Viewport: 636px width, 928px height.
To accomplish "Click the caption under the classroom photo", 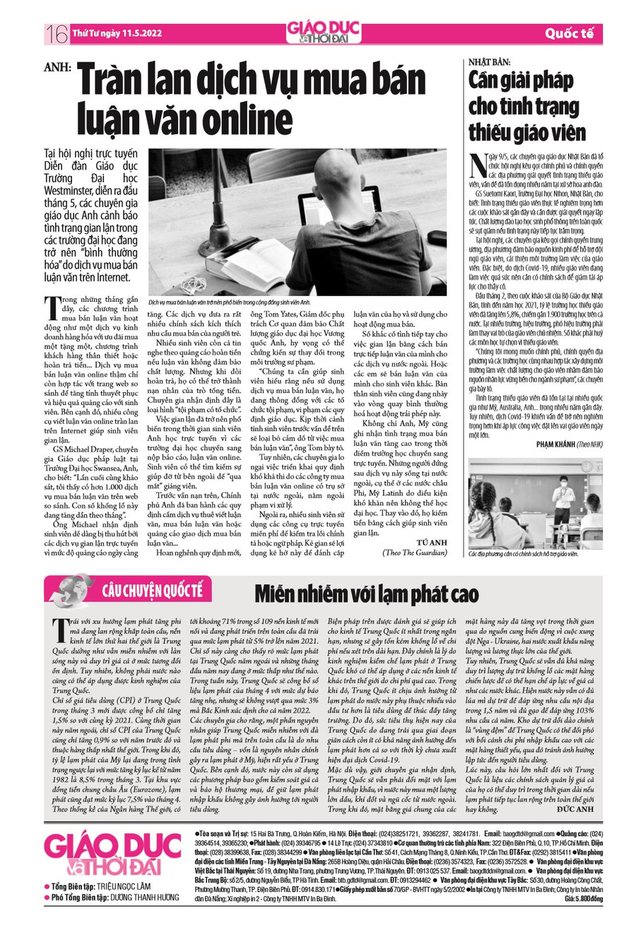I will [x=523, y=554].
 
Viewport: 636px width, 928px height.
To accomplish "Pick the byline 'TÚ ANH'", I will [x=439, y=521].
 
